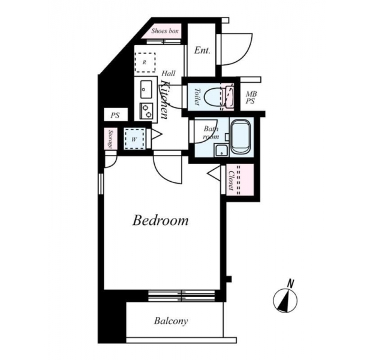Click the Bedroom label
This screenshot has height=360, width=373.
(x=160, y=220)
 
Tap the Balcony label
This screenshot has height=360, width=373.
(x=171, y=321)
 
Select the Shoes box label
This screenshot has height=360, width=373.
(x=165, y=31)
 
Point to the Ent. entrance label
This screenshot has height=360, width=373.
(x=202, y=50)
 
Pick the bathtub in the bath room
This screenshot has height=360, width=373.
(x=240, y=137)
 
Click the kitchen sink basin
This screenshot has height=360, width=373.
(x=146, y=89)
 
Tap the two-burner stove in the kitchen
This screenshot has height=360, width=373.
(x=146, y=111)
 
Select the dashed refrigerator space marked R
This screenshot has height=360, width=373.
(x=145, y=62)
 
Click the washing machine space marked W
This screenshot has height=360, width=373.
(x=134, y=139)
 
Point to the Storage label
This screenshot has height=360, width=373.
(x=110, y=139)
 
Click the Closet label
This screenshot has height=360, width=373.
(x=230, y=181)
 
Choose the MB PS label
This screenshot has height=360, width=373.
(x=251, y=98)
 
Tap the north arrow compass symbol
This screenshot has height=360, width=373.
(x=285, y=301)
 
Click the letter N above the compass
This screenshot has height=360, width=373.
(x=290, y=284)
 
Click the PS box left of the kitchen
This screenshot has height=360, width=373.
(x=116, y=115)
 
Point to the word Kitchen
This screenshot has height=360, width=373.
(x=165, y=100)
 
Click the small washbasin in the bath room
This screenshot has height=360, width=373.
(x=221, y=150)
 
